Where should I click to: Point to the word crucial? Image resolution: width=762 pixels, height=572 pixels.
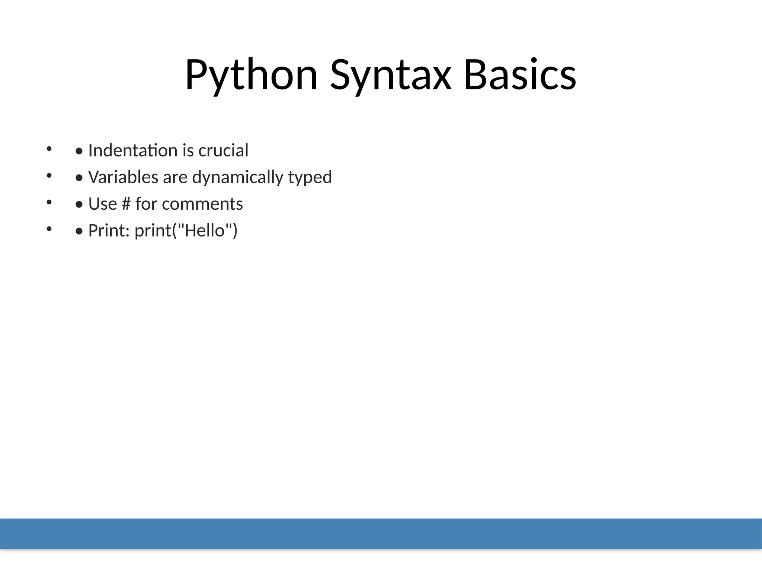pyautogui.click(x=223, y=150)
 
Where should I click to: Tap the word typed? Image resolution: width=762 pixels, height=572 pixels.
pyautogui.click(x=310, y=177)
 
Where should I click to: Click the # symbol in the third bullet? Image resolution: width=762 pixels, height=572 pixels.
pyautogui.click(x=126, y=204)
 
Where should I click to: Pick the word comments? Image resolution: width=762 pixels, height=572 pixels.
pyautogui.click(x=202, y=204)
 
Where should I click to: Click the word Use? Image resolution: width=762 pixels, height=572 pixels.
pyautogui.click(x=102, y=204)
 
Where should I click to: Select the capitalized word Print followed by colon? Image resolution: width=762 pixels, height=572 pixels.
pyautogui.click(x=108, y=231)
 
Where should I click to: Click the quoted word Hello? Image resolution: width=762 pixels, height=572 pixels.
pyautogui.click(x=205, y=231)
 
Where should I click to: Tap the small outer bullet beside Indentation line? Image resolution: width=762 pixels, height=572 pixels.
pyautogui.click(x=49, y=149)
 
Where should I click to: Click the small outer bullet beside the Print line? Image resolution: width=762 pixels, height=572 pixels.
pyautogui.click(x=49, y=229)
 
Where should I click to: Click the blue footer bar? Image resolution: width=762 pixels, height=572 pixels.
pyautogui.click(x=381, y=533)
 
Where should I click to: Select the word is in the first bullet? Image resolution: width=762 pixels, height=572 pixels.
pyautogui.click(x=188, y=150)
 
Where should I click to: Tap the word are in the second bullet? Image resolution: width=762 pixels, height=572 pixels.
pyautogui.click(x=175, y=177)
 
